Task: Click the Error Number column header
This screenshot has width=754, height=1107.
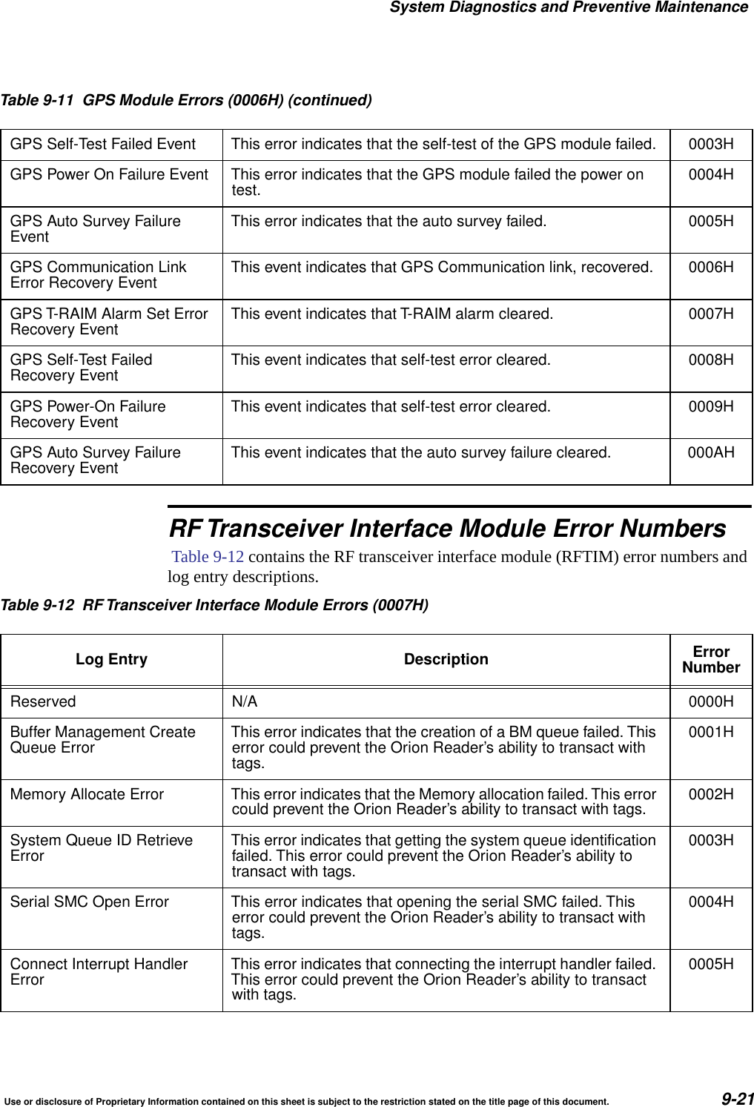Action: [711, 659]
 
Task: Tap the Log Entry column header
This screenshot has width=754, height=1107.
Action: [111, 659]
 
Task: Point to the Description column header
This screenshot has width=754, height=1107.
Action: [446, 659]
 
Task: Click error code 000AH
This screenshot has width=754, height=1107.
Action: [711, 452]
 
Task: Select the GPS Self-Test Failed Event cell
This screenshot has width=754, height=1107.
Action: [102, 144]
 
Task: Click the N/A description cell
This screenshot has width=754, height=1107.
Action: [245, 701]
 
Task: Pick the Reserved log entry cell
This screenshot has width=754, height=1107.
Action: [43, 701]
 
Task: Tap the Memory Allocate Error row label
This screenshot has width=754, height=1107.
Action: [87, 794]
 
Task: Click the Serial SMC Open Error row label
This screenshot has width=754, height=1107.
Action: [89, 902]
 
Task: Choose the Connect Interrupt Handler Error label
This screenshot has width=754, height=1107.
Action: [99, 971]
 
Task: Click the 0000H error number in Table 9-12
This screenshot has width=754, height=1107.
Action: [711, 701]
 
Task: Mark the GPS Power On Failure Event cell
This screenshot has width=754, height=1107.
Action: [109, 175]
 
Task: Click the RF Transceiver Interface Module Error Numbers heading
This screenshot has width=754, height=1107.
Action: [448, 529]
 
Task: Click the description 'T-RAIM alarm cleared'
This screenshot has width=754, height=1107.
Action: [391, 314]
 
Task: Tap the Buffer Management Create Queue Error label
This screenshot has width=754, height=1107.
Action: [102, 740]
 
